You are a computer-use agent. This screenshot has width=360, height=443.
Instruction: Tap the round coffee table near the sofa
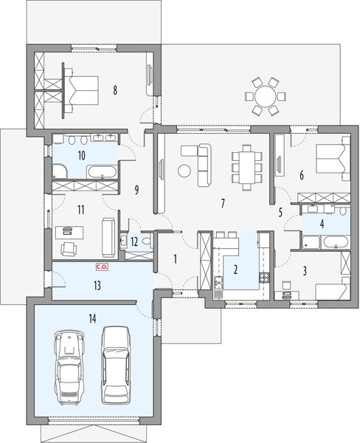point(184,171)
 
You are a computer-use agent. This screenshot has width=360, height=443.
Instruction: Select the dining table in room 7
point(246,165)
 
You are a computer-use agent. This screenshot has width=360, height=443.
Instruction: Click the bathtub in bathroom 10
point(101,173)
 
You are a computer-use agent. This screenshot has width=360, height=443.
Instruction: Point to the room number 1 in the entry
point(175,258)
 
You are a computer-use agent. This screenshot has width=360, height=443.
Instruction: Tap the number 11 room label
point(81,210)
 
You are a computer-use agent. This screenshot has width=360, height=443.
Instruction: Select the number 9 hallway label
point(136,190)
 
